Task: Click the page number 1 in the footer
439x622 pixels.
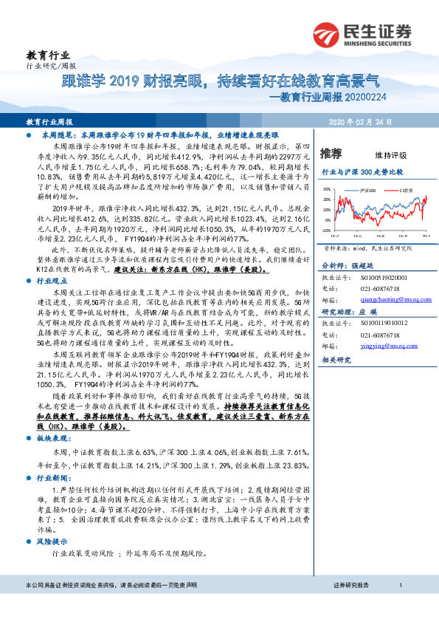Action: coord(400,606)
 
